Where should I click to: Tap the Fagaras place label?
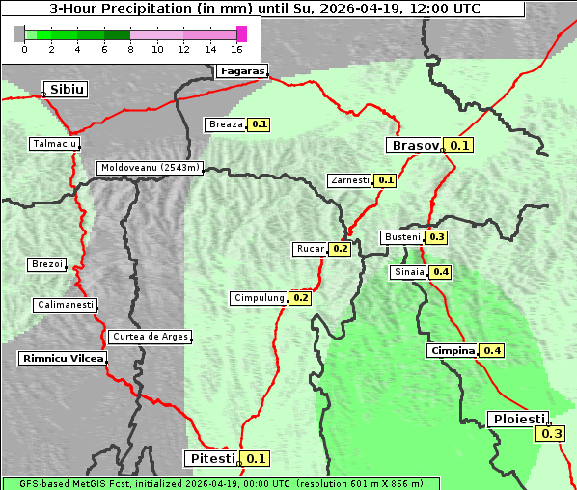coord(241,70)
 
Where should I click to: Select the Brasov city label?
coord(414,146)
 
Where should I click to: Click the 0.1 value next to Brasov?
coord(459,146)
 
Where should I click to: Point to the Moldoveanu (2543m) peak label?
coord(150,168)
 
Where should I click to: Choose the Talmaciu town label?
coord(54,144)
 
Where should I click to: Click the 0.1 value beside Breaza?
coord(259,124)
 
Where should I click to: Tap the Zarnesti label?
coord(349,180)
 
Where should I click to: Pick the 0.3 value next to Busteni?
coord(437,237)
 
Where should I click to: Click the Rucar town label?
coord(310,249)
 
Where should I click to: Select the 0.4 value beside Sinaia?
coord(441,272)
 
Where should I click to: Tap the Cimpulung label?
coord(260,298)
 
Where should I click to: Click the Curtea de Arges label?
coord(150,337)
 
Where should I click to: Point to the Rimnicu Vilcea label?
coord(62,358)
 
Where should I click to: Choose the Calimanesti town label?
coord(65,305)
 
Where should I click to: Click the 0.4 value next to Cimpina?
coord(492,350)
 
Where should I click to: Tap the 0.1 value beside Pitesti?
coord(257,458)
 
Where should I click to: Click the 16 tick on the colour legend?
coord(237,49)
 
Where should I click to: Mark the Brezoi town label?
coord(47,264)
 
